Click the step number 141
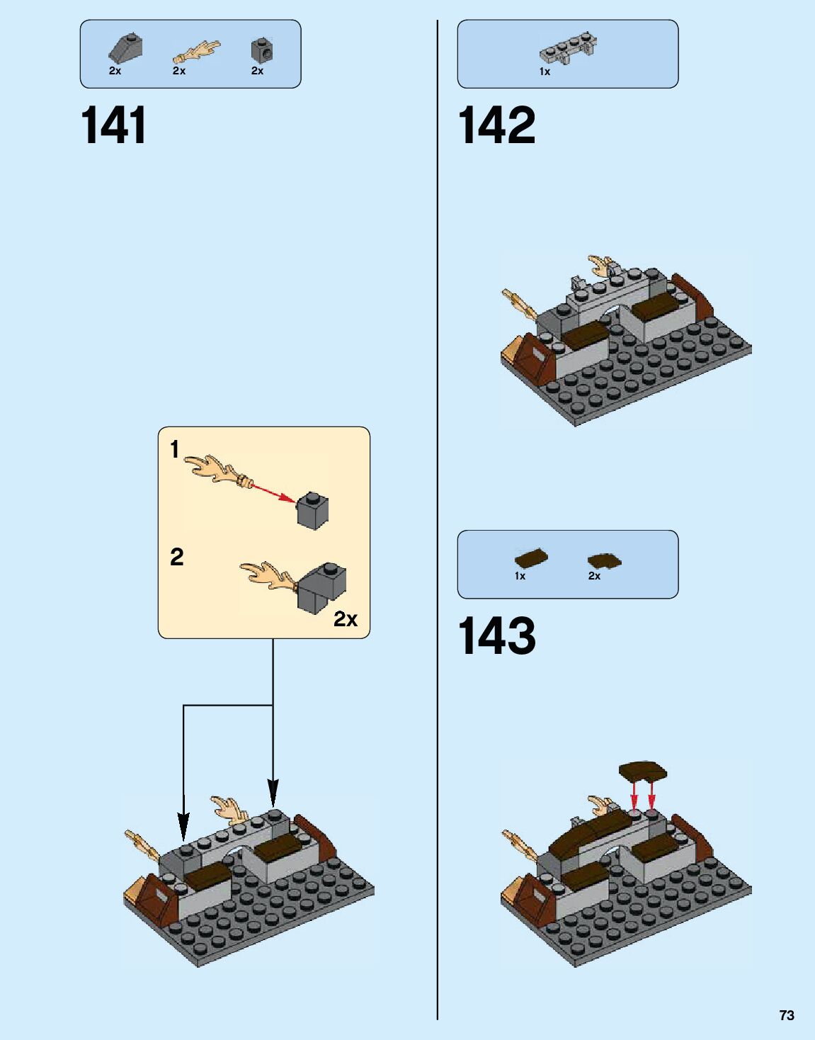pyautogui.click(x=113, y=125)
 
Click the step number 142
pyautogui.click(x=496, y=125)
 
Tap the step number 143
pyautogui.click(x=496, y=635)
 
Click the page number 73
pyautogui.click(x=786, y=1015)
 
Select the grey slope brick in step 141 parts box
pyautogui.click(x=125, y=48)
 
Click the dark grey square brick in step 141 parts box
pyautogui.click(x=262, y=50)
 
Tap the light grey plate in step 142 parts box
pyautogui.click(x=566, y=49)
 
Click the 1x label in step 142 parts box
pyautogui.click(x=545, y=72)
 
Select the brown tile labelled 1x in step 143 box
pyautogui.click(x=530, y=558)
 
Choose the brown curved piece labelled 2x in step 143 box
pyautogui.click(x=603, y=561)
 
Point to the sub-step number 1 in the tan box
pyautogui.click(x=175, y=449)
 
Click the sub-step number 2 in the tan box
pyautogui.click(x=176, y=557)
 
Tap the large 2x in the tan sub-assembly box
pyautogui.click(x=346, y=619)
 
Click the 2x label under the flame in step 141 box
pyautogui.click(x=179, y=71)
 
